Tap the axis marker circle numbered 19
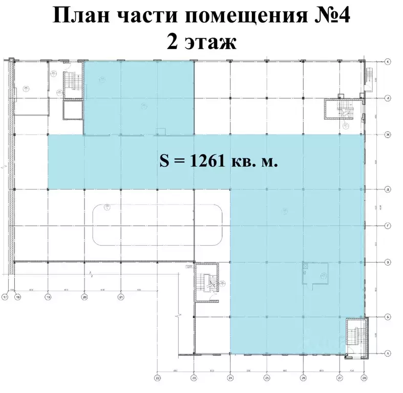coord(48,296)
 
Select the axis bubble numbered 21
coord(121,296)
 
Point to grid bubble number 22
coord(158,378)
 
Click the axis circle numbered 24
coord(230,378)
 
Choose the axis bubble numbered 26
coord(303,378)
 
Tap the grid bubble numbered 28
coord(364,378)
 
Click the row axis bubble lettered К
coord(388,61)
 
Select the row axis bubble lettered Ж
coord(388,135)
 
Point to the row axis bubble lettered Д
coord(388,189)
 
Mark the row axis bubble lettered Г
coord(388,226)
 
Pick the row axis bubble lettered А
coord(388,354)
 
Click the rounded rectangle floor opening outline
coord(158,225)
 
